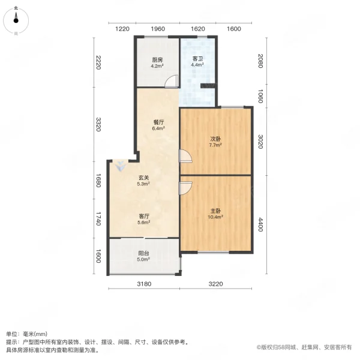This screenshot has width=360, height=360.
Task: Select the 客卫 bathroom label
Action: click(x=198, y=59)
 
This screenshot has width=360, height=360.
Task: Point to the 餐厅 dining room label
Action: click(x=158, y=122)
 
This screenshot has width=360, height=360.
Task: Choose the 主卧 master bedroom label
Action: click(x=216, y=211)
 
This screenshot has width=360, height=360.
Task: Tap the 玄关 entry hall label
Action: click(x=144, y=177)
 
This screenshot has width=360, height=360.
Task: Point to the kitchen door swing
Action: click(x=172, y=82)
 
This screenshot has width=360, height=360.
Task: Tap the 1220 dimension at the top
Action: click(x=122, y=29)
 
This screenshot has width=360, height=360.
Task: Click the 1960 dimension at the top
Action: click(x=158, y=29)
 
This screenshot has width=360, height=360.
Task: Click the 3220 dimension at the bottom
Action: click(x=216, y=283)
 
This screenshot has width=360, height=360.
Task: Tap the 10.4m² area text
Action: click(x=216, y=217)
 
